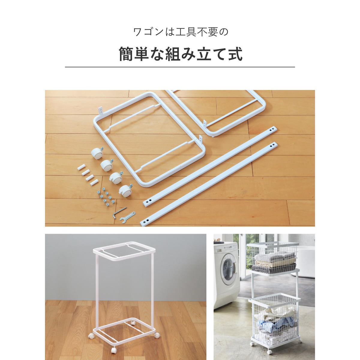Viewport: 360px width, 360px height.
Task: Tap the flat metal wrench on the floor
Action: tap(127, 217)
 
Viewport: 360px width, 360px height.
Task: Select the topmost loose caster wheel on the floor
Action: tap(97, 153)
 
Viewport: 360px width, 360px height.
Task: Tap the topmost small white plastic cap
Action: tap(82, 167)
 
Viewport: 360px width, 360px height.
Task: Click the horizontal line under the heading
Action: tap(180, 67)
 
